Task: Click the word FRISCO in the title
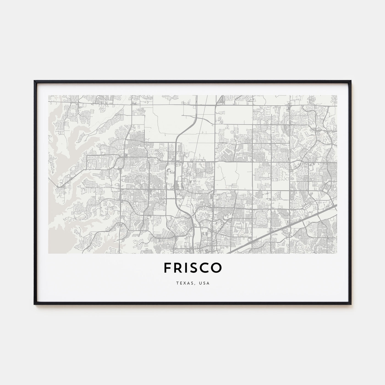193,268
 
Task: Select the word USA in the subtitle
205,284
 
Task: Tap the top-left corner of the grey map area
48,95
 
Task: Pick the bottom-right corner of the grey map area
337,253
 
